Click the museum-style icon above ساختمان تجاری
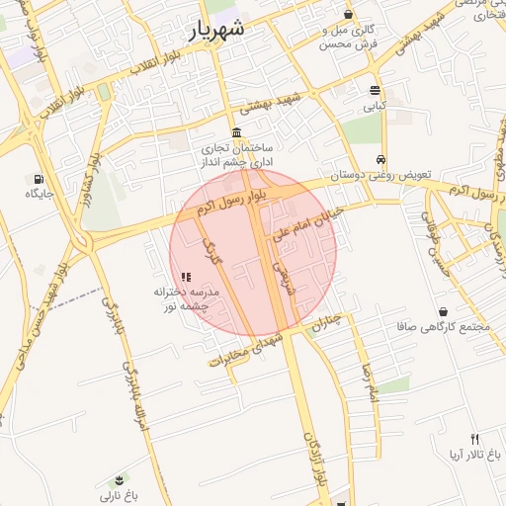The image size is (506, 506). (236, 132)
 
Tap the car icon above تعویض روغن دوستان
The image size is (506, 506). (380, 159)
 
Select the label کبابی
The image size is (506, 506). (375, 104)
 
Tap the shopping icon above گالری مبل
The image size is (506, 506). (348, 15)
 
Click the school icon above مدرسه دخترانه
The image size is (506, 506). (186, 278)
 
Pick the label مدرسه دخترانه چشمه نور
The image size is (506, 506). (186, 300)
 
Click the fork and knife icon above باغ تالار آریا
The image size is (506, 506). (473, 439)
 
